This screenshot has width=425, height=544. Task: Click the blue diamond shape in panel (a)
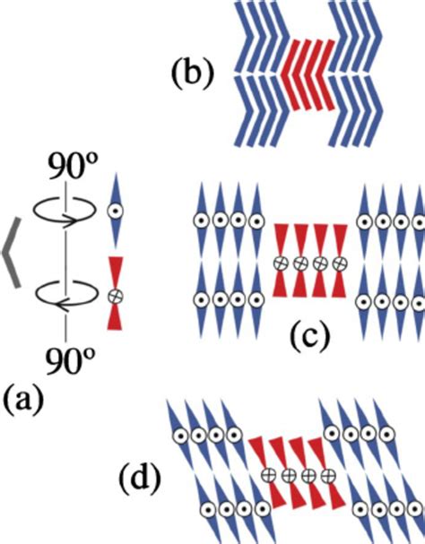115,212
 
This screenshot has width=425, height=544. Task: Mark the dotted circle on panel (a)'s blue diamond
115,213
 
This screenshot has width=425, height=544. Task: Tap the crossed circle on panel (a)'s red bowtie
115,295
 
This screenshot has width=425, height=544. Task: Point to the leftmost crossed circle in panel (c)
281,263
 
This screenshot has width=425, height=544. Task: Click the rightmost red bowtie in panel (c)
343,263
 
